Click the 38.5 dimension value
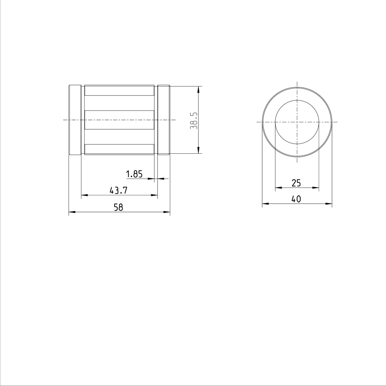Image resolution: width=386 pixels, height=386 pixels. [193, 121]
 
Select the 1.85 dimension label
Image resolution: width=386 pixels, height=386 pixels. [134, 174]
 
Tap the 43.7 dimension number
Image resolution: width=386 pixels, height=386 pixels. [119, 191]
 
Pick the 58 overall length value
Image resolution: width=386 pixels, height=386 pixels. [118, 208]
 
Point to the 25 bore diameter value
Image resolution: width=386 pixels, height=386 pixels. [296, 183]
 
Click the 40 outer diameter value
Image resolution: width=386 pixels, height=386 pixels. [296, 199]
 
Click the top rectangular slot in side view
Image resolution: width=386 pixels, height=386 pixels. [119, 90]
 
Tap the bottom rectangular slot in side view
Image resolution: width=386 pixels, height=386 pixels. [119, 149]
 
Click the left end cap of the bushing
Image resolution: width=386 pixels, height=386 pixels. [75, 120]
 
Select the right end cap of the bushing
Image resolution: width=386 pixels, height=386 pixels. [163, 120]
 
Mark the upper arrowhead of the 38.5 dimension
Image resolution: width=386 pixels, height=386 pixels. [199, 89]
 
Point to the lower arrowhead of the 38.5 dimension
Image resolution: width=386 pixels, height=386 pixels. [199, 151]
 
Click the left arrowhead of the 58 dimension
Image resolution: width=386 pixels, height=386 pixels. [72, 212]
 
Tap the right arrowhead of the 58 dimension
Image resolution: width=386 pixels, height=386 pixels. [167, 212]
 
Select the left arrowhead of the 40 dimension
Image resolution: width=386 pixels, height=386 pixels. [265, 204]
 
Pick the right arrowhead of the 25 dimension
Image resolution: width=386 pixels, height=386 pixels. [316, 188]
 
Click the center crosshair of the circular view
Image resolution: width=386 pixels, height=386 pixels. [297, 122]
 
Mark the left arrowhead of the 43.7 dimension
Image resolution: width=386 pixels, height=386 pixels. [84, 195]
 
